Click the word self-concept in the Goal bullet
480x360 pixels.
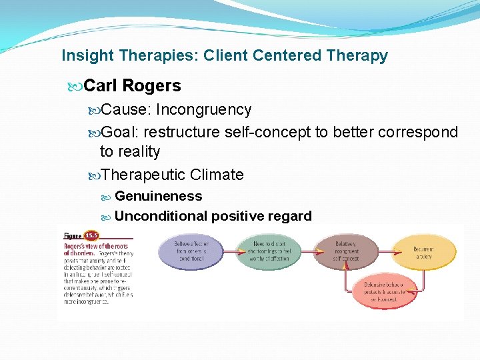274,132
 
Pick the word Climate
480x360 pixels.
217,175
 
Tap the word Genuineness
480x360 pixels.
158,196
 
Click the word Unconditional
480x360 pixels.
161,216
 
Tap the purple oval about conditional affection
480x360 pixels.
191,251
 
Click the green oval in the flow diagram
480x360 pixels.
269,251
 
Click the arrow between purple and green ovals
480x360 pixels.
230,251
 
